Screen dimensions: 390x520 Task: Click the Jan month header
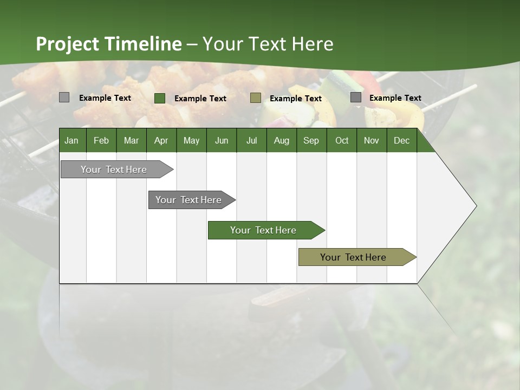click(x=71, y=140)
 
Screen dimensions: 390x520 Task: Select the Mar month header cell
click(x=131, y=140)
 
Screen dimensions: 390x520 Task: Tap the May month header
click(x=191, y=140)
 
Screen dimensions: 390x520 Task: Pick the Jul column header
click(x=251, y=140)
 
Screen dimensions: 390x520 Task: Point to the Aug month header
click(x=281, y=140)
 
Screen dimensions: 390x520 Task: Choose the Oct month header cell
click(x=342, y=140)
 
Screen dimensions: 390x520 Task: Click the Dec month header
click(x=401, y=140)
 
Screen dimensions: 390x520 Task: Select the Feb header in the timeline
click(x=101, y=140)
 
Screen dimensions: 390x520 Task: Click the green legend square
click(x=160, y=98)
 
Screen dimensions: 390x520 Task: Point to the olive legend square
click(x=256, y=98)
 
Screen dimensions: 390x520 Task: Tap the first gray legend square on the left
click(x=64, y=97)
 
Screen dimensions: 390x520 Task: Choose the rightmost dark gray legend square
click(x=356, y=97)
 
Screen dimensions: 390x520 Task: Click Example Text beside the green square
click(x=200, y=99)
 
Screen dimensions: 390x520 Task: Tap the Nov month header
click(x=372, y=140)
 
